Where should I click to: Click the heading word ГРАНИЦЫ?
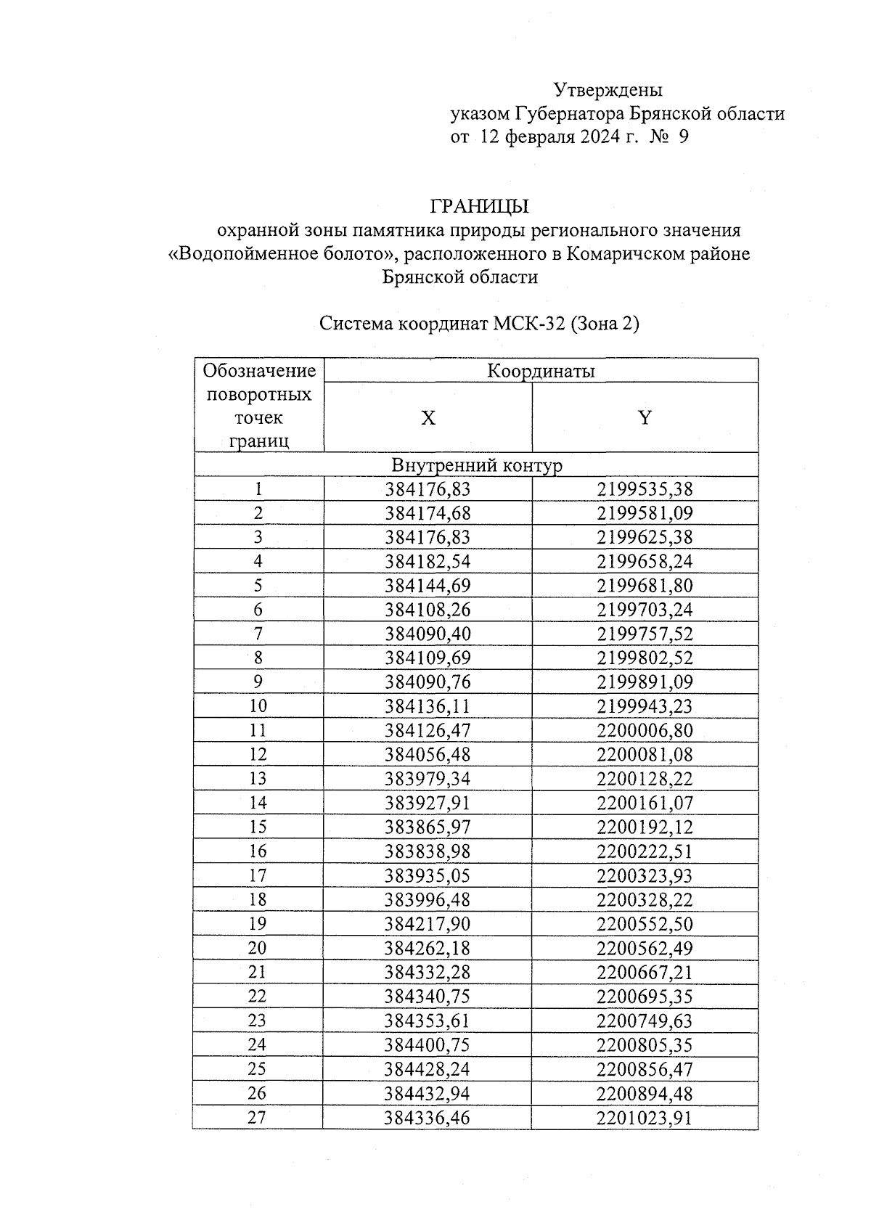point(479,207)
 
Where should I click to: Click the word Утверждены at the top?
point(608,90)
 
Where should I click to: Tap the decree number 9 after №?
point(683,136)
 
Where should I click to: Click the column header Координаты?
point(541,371)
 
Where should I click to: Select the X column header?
point(428,418)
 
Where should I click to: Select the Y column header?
point(645,418)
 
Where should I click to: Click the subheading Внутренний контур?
point(477,465)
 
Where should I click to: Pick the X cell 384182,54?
point(428,561)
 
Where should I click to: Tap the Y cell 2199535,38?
point(645,489)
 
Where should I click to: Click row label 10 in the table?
point(258,706)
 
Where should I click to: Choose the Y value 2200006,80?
point(645,730)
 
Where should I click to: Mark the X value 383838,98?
point(428,851)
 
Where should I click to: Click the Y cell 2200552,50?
point(645,924)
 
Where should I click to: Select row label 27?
point(257,1118)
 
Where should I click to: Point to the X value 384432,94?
point(428,1093)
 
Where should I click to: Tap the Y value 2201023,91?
point(645,1118)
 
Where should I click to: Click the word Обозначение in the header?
point(259,371)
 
